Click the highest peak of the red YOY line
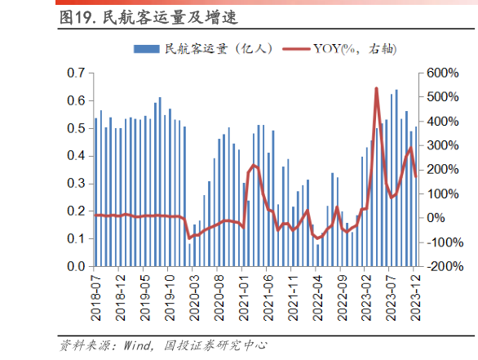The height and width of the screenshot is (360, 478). click(376, 88)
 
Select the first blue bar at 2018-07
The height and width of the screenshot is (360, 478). click(95, 192)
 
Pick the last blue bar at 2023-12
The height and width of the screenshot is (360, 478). click(416, 196)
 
